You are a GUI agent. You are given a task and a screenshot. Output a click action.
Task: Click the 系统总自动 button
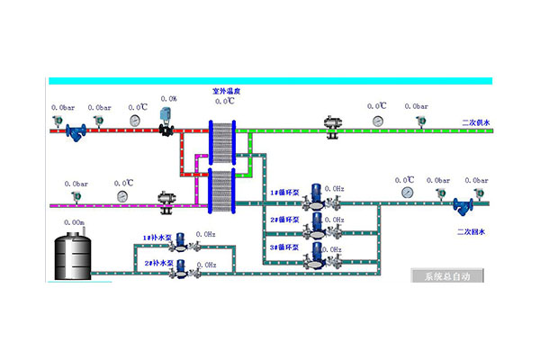[x=447, y=275]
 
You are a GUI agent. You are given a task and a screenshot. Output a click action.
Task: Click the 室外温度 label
[x=225, y=91]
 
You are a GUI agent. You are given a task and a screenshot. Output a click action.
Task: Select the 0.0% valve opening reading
[x=168, y=99]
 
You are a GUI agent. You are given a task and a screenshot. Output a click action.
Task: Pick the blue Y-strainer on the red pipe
[x=74, y=130]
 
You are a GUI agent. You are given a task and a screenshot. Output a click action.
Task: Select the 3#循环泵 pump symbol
[x=317, y=253]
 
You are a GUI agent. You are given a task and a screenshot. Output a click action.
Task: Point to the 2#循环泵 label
[x=284, y=220]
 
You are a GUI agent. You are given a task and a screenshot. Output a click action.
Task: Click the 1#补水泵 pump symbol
[x=180, y=240]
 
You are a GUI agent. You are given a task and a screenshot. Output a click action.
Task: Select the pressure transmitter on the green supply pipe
[x=418, y=121]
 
